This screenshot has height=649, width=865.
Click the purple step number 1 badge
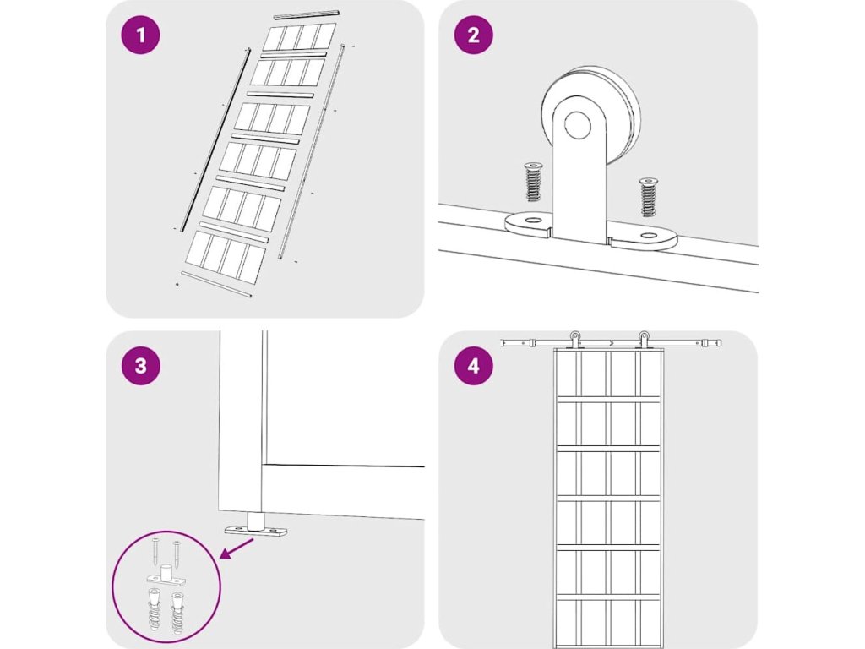[x=140, y=35]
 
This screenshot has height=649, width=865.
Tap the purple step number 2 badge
[x=473, y=35]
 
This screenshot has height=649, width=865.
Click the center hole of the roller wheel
[x=579, y=127]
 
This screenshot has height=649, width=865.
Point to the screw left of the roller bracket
[x=533, y=182]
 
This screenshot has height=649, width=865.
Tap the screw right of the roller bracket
[x=648, y=197]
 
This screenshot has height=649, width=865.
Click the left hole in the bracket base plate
[x=530, y=221]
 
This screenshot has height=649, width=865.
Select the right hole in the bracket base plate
[x=648, y=237]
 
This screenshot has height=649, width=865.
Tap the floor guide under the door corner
[x=255, y=529]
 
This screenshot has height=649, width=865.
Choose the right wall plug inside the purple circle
[x=178, y=614]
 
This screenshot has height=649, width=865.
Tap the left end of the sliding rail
[x=504, y=342]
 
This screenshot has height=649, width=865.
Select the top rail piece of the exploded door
[x=306, y=14]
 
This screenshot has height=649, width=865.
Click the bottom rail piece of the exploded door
[x=217, y=285]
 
